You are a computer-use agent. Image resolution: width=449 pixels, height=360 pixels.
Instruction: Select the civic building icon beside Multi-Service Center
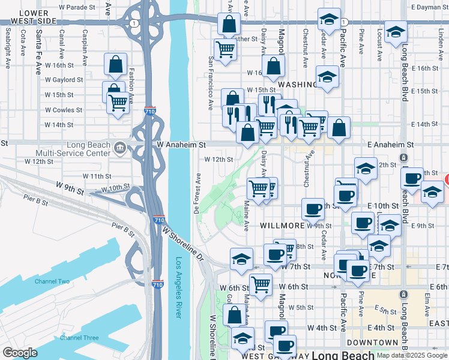tap(119, 147)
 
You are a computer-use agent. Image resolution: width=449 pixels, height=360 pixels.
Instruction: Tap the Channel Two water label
tap(52, 281)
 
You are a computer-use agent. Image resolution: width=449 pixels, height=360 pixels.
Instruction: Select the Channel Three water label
tap(79, 338)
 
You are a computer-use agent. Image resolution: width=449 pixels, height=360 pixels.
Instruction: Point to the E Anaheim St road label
tap(391, 145)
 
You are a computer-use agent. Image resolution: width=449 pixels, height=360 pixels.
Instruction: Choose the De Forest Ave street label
tap(196, 193)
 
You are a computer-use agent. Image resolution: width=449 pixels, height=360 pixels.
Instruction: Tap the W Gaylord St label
tap(63, 80)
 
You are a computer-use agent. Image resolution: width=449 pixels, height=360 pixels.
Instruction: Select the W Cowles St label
tap(63, 110)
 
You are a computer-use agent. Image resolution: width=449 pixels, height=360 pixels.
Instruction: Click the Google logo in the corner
tap(20, 353)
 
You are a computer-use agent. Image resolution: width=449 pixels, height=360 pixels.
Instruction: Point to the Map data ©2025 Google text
tap(411, 355)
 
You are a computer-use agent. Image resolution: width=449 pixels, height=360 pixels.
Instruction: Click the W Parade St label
tap(78, 7)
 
